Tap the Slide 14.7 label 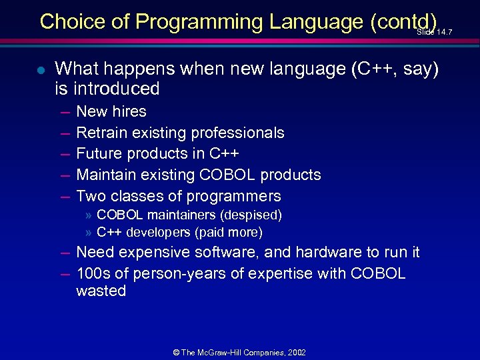pos(434,32)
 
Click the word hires pos(130,111)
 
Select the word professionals pos(239,133)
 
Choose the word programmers pos(234,196)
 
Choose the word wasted pos(101,291)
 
